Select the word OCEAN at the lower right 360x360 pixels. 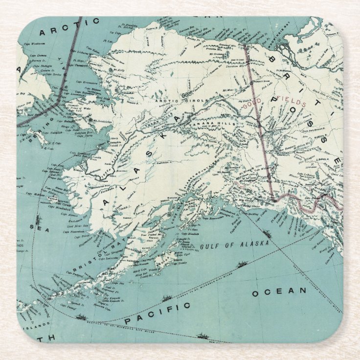tap(279, 292)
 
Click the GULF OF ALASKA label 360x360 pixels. tap(235, 245)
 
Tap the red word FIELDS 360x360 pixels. tap(292, 104)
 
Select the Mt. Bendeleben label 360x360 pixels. tap(99, 120)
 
